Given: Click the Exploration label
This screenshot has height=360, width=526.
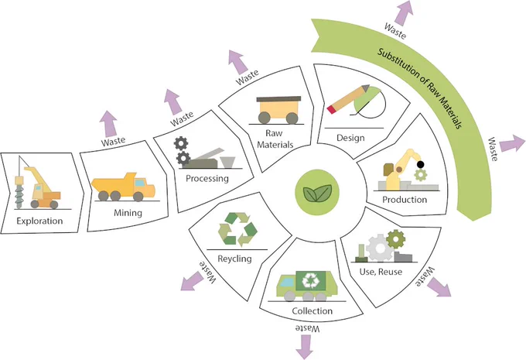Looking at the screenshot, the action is pos(39,221).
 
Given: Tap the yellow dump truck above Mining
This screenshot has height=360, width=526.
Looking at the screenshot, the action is pos(124,187).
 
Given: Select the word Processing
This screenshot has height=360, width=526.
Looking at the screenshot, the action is pos(207,178).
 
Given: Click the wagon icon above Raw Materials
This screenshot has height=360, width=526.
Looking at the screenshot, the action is pos(278,110).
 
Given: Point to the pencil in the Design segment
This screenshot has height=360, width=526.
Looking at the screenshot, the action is pos(348,99).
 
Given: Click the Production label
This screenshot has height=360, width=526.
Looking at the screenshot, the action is pos(405,200).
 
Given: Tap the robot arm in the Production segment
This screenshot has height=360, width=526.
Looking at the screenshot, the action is pos(405,170).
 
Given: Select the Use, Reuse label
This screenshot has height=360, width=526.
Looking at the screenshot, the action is pos(381,272).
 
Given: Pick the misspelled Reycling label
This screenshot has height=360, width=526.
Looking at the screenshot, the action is pos(234,259).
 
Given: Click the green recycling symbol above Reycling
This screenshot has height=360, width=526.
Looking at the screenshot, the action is pos(237,229).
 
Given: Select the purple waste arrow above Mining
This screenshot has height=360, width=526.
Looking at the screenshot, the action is pos(110,124).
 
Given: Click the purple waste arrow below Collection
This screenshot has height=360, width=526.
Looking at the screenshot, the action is pos(305,347).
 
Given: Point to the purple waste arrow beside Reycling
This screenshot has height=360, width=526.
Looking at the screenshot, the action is pos(192,281).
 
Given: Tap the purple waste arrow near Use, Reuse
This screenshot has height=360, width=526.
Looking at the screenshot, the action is pos(439,287).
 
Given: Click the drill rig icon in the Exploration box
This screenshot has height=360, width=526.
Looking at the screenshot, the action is pos(38,183).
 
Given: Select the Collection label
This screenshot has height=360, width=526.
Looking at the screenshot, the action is pos(313,311).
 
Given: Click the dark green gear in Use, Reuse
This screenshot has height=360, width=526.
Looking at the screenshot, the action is pos(396,239).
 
